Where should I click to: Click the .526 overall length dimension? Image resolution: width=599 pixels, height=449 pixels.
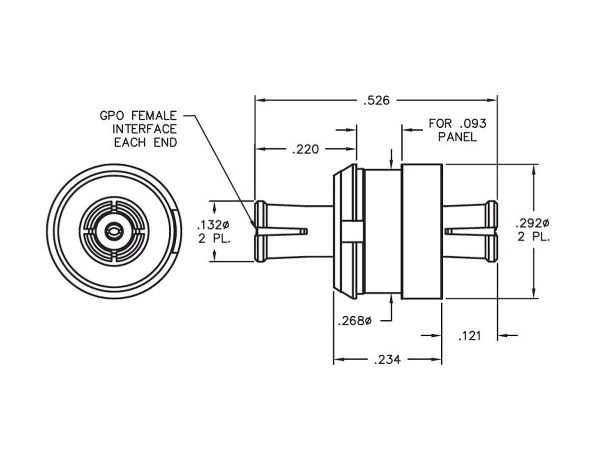[x=376, y=100]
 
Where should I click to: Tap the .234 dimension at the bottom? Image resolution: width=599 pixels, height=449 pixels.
[x=387, y=360]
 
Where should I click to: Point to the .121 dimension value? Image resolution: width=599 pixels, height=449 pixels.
[x=469, y=336]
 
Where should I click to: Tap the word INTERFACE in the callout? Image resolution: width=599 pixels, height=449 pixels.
[x=144, y=129]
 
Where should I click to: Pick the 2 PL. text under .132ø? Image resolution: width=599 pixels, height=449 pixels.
[x=214, y=238]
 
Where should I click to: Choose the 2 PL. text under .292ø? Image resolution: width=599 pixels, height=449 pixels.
[x=533, y=237]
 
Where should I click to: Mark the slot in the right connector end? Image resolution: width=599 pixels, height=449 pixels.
[x=469, y=231]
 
